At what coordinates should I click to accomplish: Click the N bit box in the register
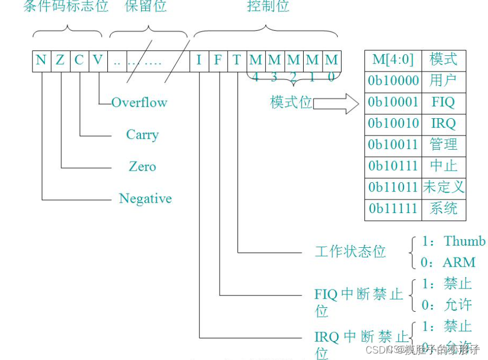[41, 60]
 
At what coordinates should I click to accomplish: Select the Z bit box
[60, 60]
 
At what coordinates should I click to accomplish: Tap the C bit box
[79, 60]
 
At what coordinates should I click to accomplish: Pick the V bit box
[98, 60]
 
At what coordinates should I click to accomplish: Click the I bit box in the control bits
[198, 60]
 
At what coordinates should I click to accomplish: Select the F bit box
[217, 60]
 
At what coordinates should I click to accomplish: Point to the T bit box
[236, 60]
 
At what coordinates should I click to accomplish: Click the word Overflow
[139, 102]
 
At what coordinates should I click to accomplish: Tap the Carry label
[142, 134]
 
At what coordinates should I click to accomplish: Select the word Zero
[142, 166]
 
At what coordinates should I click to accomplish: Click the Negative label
[145, 198]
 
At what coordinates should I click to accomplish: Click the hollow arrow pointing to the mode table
[336, 103]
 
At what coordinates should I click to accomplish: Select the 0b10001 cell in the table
[393, 102]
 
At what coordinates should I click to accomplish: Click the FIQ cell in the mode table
[443, 102]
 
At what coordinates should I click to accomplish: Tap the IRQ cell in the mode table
[443, 123]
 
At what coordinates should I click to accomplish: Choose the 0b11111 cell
[393, 208]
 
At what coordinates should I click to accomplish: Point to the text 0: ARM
[448, 262]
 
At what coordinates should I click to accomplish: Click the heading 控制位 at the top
[268, 7]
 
